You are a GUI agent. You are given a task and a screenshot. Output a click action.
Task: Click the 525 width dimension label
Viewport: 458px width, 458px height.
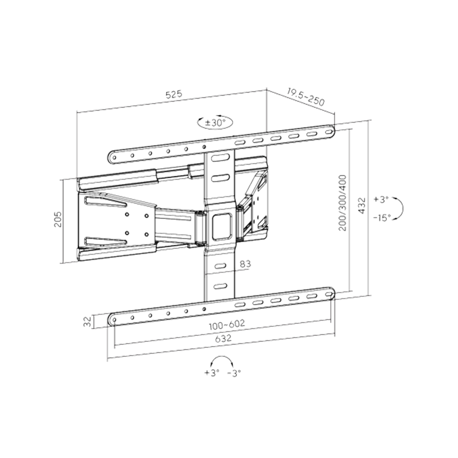[174, 95]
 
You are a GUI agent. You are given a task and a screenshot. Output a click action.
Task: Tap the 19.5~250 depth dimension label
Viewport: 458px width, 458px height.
[306, 97]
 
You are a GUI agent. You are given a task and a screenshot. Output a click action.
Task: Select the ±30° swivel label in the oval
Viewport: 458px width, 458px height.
[215, 122]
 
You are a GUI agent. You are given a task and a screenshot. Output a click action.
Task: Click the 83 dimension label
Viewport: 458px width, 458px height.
[246, 264]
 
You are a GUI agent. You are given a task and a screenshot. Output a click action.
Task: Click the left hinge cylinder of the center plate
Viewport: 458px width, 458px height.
[200, 227]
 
